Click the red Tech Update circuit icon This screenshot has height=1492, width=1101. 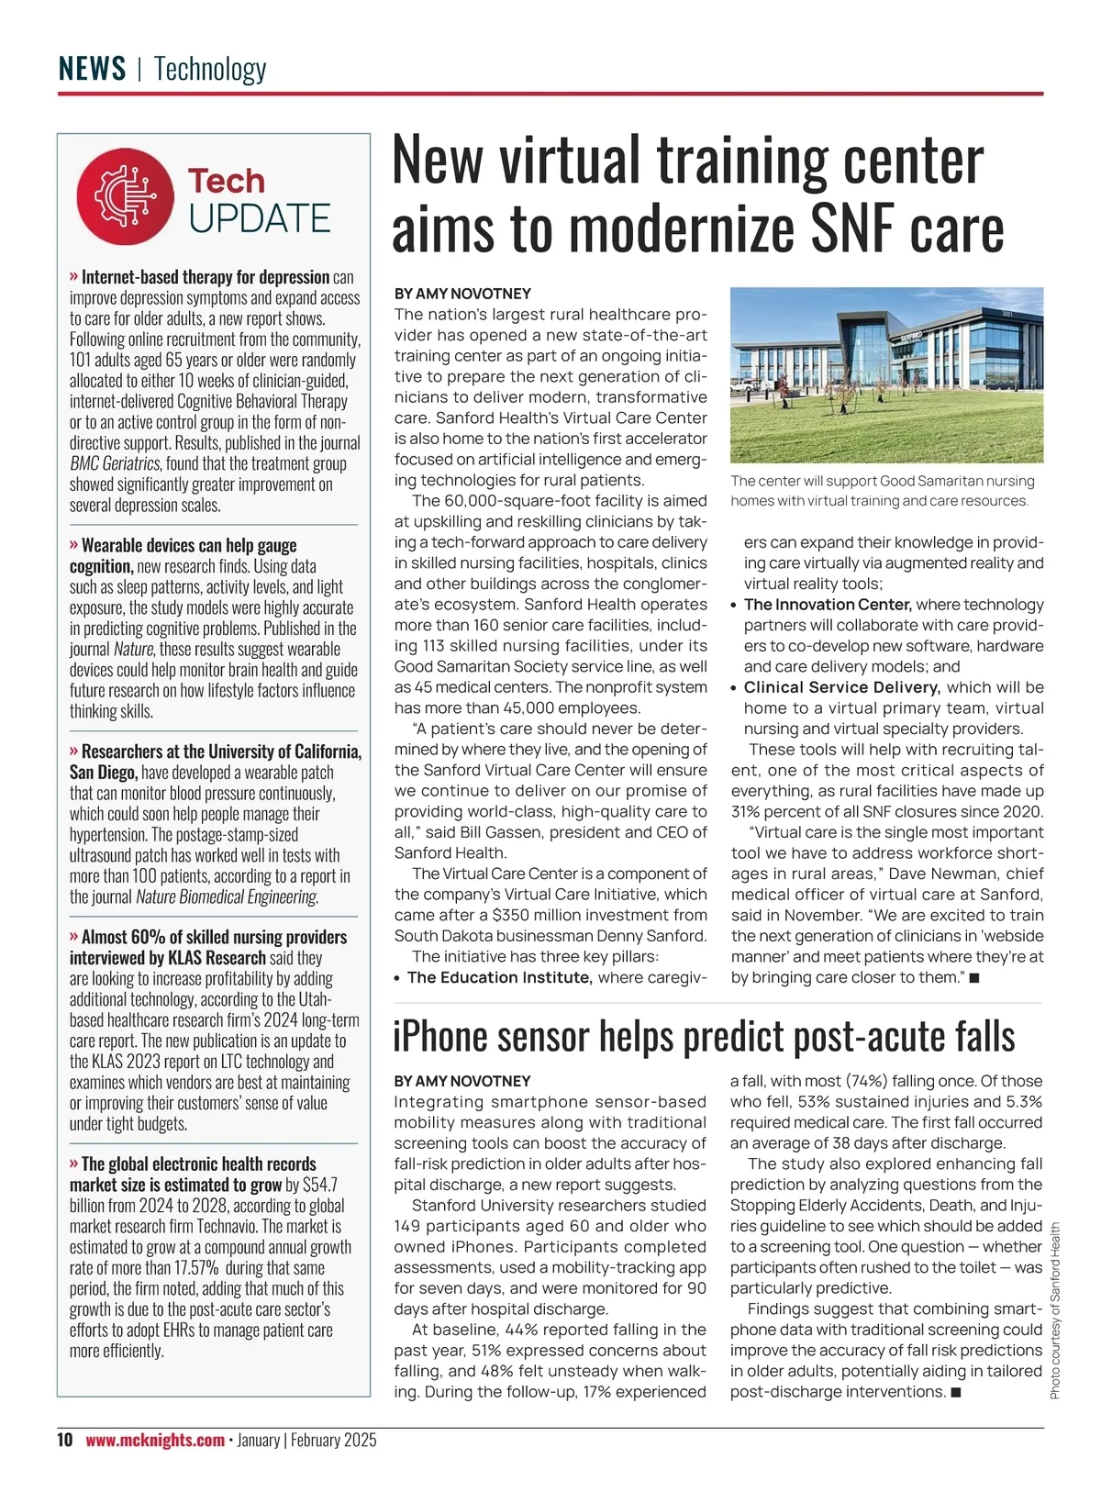[x=126, y=196]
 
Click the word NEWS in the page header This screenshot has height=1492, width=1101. [x=93, y=69]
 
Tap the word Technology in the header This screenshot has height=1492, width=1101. [x=210, y=69]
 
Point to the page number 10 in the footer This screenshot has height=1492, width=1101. [x=64, y=1440]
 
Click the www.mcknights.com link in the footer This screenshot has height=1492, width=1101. [x=155, y=1440]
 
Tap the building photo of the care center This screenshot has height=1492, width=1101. [x=886, y=374]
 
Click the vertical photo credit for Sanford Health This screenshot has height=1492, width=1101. [x=1055, y=1310]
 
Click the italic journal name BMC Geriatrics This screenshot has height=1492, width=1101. [x=115, y=463]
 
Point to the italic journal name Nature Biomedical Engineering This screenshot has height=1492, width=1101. [x=227, y=896]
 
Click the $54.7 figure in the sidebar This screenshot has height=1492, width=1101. [x=321, y=1185]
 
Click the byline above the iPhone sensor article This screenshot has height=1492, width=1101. [x=462, y=1081]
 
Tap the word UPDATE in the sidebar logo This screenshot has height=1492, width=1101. [x=260, y=218]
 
